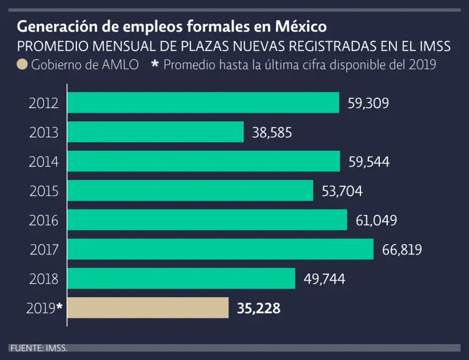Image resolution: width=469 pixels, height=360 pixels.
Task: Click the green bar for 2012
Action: [x=203, y=103]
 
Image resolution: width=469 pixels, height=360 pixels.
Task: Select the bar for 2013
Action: [x=155, y=132]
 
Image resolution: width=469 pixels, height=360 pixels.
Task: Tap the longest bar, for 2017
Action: [x=220, y=249]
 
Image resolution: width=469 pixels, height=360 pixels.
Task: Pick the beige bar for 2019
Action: [x=148, y=308]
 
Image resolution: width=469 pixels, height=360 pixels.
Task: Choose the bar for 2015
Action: [x=190, y=191]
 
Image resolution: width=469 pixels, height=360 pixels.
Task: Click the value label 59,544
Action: [x=369, y=162]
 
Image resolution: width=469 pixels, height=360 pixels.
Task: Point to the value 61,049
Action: [x=376, y=220]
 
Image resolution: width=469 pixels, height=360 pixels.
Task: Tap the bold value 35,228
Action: [x=258, y=309]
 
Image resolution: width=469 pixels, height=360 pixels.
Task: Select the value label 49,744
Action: [x=324, y=279]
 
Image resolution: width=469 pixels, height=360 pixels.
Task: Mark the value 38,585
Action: [x=272, y=132]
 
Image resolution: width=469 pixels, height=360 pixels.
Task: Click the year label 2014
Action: [x=44, y=162]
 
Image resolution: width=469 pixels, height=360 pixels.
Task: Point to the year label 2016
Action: [x=44, y=220]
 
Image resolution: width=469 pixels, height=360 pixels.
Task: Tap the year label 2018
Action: [x=44, y=279]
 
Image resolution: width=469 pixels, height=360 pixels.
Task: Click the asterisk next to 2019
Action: [x=59, y=307]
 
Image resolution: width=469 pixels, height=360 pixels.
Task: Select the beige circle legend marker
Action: [x=22, y=65]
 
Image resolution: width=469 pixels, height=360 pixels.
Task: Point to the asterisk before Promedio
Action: [x=155, y=63]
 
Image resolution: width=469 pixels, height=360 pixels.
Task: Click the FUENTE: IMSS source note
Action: [x=38, y=348]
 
